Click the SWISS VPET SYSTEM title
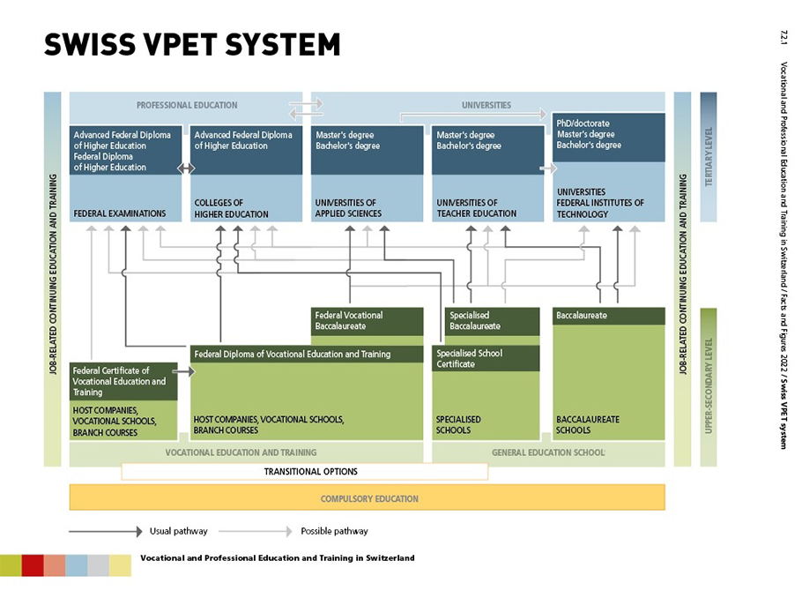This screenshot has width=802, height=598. [x=192, y=44]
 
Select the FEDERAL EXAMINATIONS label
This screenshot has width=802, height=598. [x=120, y=213]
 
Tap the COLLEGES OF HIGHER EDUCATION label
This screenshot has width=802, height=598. [x=231, y=208]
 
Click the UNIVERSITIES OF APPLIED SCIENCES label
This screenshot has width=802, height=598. [x=348, y=208]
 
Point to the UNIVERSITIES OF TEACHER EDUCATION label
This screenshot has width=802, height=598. [x=477, y=208]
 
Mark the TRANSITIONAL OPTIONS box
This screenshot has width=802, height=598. [x=304, y=472]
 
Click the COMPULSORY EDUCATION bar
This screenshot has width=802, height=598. [x=368, y=498]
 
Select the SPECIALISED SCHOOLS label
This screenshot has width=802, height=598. [x=459, y=425]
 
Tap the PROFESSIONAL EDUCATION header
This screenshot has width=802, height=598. [x=187, y=105]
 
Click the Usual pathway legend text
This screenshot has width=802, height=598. [x=179, y=531]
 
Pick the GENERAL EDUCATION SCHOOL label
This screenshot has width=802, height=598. [x=548, y=452]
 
